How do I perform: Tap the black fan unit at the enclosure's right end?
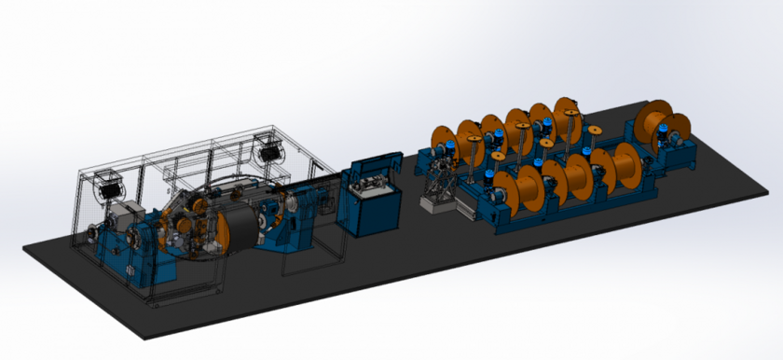point(271,148)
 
